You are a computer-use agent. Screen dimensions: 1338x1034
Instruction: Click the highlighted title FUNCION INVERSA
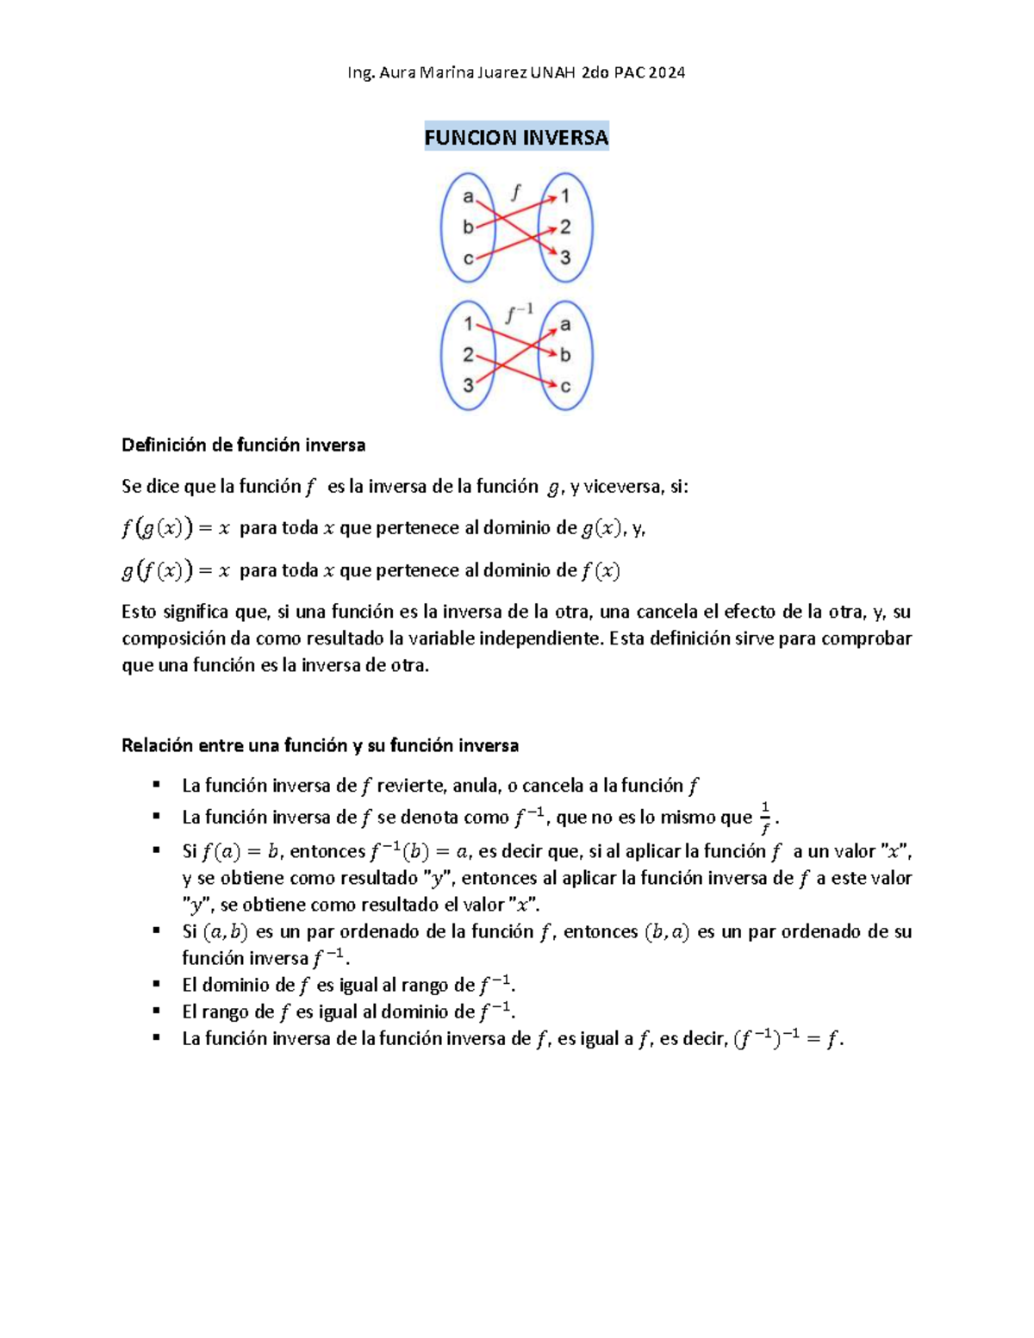[x=516, y=137]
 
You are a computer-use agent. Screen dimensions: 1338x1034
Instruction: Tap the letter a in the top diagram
[x=468, y=196]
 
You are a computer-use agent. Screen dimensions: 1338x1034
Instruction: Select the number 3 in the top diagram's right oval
[x=565, y=258]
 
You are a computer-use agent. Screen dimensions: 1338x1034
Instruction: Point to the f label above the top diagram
[x=515, y=191]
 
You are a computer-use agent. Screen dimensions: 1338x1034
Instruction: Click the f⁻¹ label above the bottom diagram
[x=519, y=314]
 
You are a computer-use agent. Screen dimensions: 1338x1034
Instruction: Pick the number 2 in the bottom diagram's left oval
[x=468, y=354]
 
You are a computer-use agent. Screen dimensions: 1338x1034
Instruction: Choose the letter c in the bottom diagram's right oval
[x=565, y=386]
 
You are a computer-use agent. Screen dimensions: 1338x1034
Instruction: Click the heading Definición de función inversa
[x=243, y=445]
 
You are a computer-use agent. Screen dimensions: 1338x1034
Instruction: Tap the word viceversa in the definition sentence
[x=623, y=487]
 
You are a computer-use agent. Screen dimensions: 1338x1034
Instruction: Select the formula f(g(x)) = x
[x=176, y=528]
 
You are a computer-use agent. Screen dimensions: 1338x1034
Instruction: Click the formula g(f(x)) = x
[x=176, y=570]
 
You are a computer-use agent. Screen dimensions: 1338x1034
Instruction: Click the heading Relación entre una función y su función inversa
[x=320, y=745]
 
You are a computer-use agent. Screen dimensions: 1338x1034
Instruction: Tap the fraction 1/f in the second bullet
[x=764, y=818]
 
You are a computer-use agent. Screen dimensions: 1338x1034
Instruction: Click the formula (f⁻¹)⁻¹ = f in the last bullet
[x=788, y=1039]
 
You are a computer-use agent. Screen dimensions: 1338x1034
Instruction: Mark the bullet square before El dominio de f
[x=156, y=984]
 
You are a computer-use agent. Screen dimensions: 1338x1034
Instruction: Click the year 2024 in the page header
[x=667, y=72]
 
